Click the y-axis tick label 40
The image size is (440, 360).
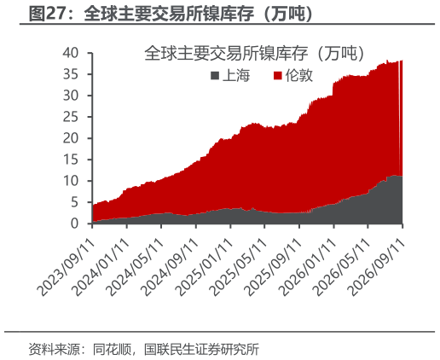coord(70,53)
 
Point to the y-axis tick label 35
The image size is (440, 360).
coord(70,74)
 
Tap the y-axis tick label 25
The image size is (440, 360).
coord(70,117)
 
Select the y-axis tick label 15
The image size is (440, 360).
coord(70,160)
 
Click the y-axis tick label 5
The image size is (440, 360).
coord(74,202)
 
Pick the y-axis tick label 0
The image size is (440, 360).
coord(74,224)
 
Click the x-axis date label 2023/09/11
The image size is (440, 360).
coord(66,267)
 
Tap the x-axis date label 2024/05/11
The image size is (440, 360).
coord(135,267)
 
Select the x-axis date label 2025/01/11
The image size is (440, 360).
coord(204,267)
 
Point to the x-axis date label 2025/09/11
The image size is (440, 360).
coord(273,267)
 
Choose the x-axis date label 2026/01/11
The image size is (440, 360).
coord(307,267)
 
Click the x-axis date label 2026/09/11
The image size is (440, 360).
coord(376,267)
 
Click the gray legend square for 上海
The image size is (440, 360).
coord(215,76)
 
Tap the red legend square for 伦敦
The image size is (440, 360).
coord(277,76)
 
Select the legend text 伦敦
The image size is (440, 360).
coord(298,76)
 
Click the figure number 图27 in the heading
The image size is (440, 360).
coord(45,14)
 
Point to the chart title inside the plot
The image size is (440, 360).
coord(255,53)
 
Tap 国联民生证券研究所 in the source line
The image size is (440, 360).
coord(201,349)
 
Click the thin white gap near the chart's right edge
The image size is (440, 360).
coord(400,118)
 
